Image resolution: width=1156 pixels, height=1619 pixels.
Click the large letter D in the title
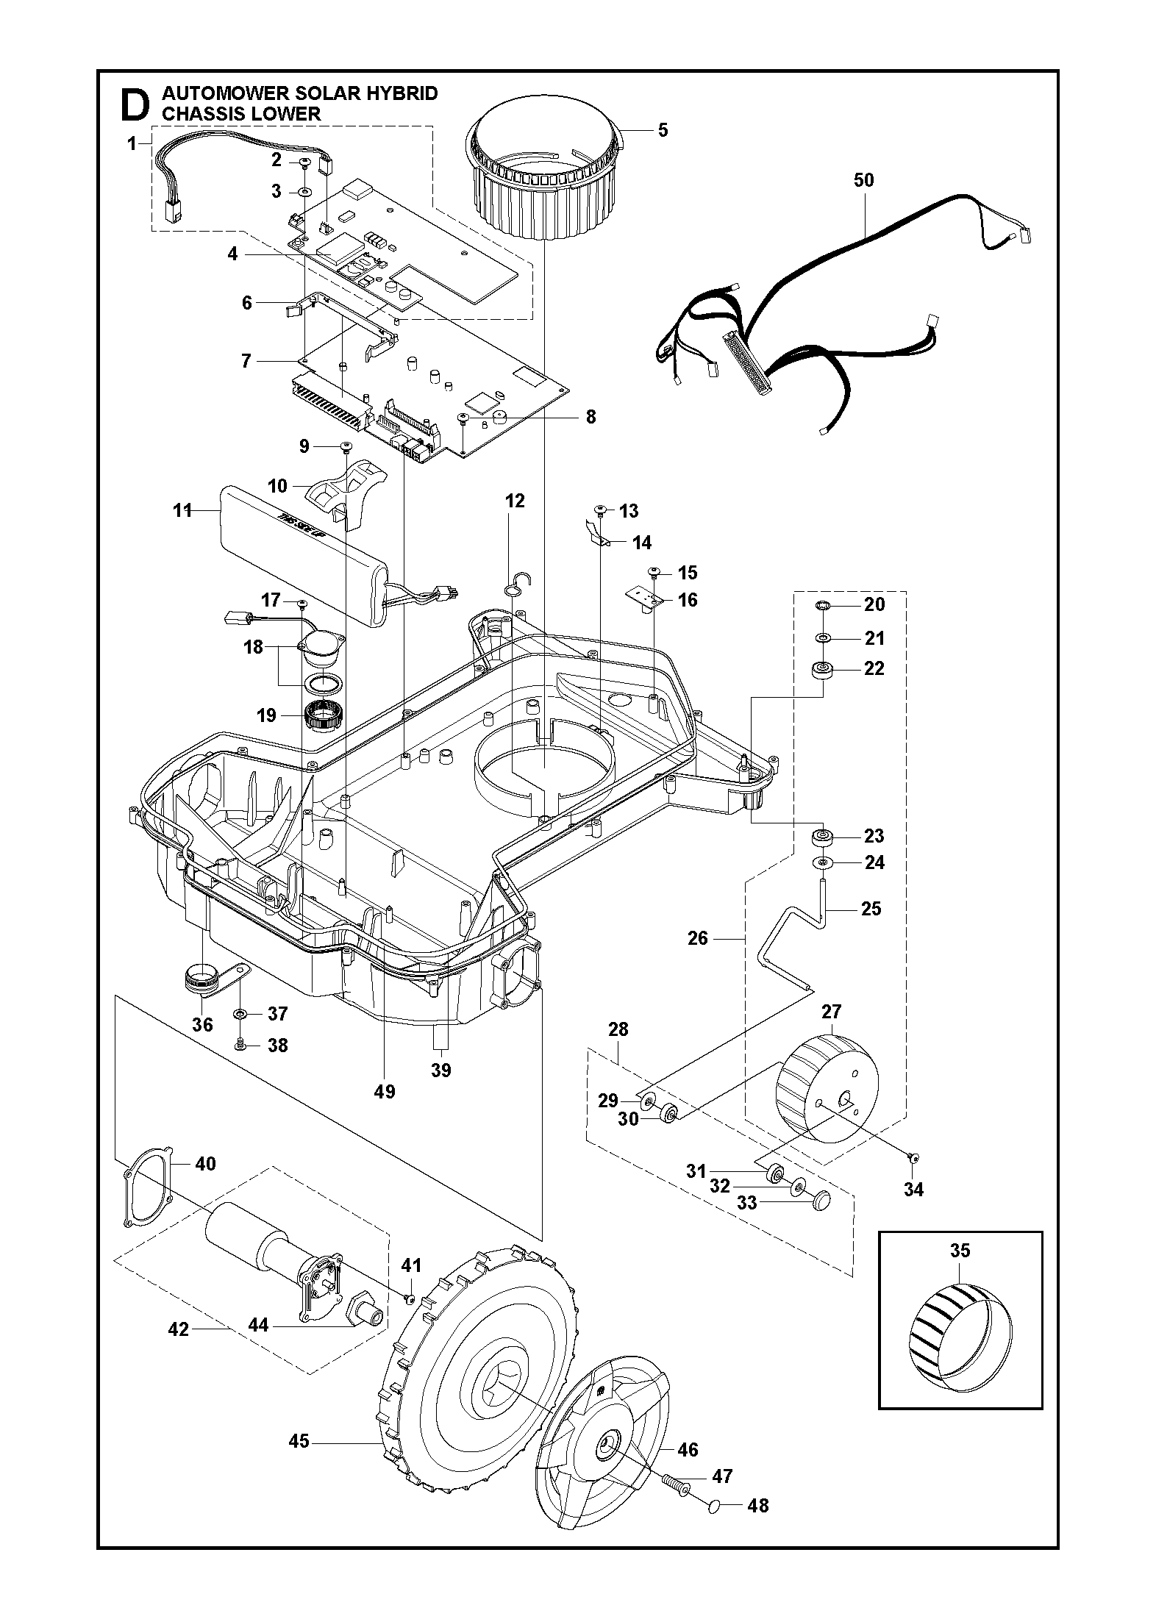[x=134, y=105]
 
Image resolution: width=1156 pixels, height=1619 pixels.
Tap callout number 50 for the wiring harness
[x=864, y=180]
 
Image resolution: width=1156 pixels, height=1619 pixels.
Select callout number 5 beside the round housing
[x=663, y=130]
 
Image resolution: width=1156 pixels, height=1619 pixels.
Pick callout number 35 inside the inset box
[x=960, y=1251]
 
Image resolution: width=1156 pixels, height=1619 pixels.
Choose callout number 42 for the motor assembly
[x=179, y=1329]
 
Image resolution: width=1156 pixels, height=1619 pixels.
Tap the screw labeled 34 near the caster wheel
[x=913, y=1178]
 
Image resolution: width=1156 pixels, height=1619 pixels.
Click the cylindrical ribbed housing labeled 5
[x=544, y=184]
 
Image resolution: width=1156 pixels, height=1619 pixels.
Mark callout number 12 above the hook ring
[x=515, y=501]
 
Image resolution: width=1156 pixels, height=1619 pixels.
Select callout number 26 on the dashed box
[x=698, y=938]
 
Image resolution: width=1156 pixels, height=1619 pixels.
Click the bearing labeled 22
[x=821, y=670]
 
